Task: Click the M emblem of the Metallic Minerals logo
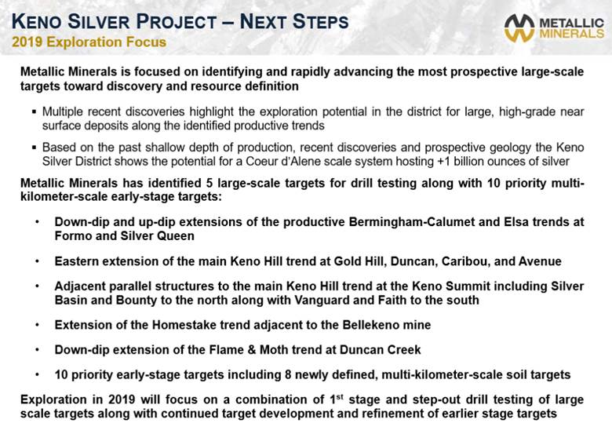(519, 28)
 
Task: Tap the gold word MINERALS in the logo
(572, 34)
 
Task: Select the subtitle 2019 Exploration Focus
(89, 42)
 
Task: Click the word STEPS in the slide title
(320, 21)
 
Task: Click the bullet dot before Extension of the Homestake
(37, 325)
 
